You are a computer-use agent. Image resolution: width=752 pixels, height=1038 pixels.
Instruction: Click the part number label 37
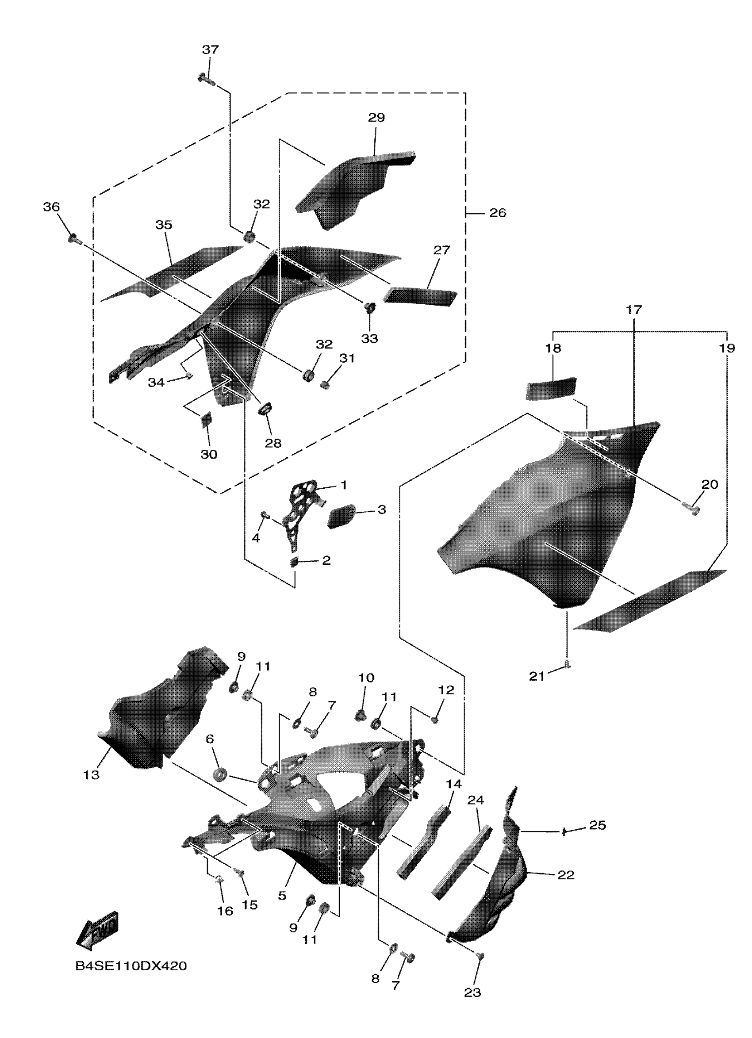pos(211,50)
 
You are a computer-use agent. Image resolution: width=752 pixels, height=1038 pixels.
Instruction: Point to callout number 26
pos(498,213)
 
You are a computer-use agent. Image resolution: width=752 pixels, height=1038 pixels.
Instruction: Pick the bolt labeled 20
pos(691,508)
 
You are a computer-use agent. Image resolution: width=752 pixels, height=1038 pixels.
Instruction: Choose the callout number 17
pos(634,310)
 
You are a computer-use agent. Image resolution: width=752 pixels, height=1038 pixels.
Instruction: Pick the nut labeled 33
pos(369,306)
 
